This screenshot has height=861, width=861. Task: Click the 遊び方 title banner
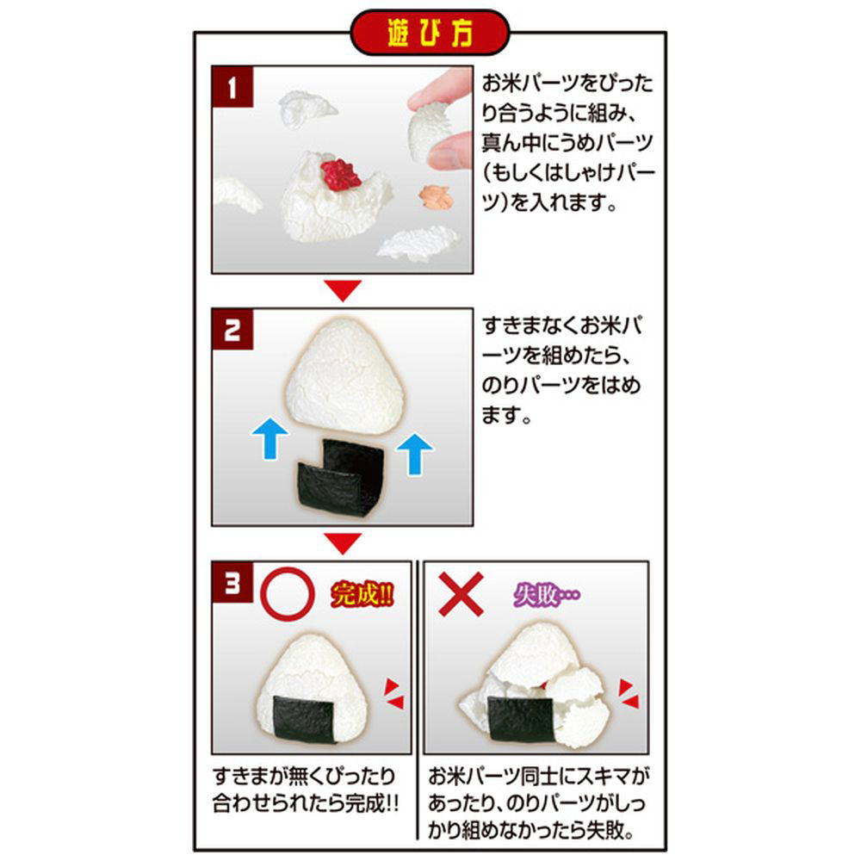[430, 33]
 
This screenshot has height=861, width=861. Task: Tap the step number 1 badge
[232, 87]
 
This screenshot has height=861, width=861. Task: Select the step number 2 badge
[232, 329]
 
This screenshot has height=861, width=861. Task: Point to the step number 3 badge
[232, 582]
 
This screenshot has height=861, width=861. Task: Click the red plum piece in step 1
[340, 175]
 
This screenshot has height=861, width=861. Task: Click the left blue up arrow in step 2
[270, 437]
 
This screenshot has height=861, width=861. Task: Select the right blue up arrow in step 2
[415, 454]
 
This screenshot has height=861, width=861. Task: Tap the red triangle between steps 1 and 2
[343, 288]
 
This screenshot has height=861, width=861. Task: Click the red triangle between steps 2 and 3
[343, 542]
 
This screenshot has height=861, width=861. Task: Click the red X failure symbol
[461, 593]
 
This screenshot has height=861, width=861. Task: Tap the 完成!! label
[362, 593]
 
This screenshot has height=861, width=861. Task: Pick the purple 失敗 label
[547, 594]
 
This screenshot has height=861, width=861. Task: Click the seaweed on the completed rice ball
[305, 719]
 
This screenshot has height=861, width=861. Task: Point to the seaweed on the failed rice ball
[520, 719]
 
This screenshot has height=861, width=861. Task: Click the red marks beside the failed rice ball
[629, 693]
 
